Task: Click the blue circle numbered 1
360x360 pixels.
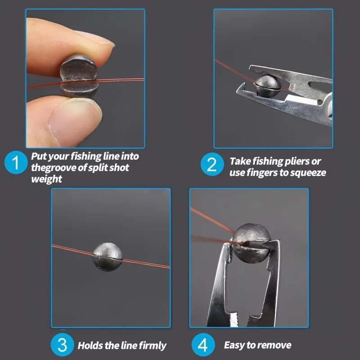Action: click(16, 162)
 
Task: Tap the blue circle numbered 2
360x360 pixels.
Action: click(212, 164)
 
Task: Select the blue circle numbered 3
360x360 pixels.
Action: click(62, 345)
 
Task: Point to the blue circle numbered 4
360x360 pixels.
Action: click(203, 345)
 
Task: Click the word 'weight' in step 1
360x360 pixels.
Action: click(47, 179)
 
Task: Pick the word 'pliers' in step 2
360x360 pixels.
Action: click(297, 162)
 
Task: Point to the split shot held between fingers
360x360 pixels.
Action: click(79, 76)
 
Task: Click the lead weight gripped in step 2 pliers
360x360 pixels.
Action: click(267, 85)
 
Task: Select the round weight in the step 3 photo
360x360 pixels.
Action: click(108, 257)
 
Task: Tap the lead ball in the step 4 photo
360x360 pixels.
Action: click(251, 243)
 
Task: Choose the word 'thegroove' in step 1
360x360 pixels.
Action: click(54, 168)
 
